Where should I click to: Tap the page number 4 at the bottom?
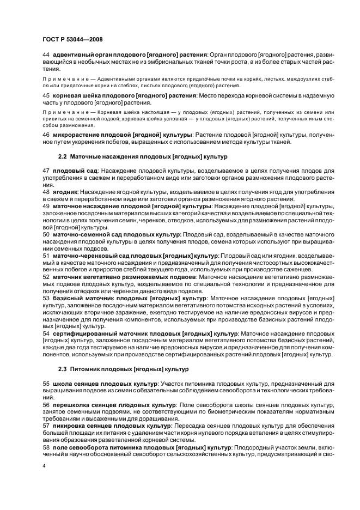point(44,466)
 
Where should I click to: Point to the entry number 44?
point(46,55)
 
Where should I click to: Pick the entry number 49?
point(46,207)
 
